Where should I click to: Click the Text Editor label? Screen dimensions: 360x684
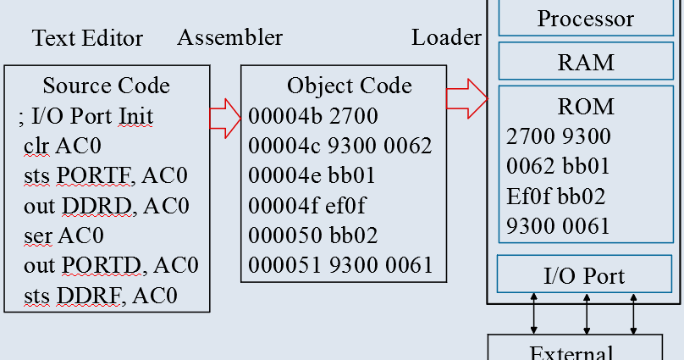87,38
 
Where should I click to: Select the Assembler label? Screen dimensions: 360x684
229,37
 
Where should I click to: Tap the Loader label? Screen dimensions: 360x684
446,37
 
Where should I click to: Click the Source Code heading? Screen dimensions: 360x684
106,86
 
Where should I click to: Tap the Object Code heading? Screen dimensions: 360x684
349,86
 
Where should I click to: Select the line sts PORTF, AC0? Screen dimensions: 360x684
106,175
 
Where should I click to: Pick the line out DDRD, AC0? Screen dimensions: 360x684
107,205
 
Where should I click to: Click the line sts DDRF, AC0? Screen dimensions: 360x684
101,295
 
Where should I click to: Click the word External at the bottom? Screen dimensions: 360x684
573,352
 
